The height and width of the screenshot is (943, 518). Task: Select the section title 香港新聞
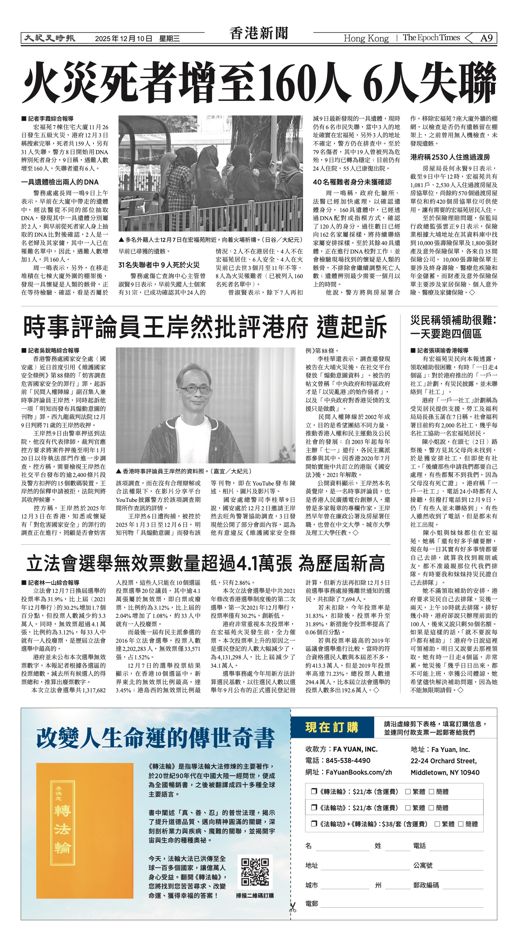click(259, 34)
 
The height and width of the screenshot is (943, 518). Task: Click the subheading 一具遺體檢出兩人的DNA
click(60, 182)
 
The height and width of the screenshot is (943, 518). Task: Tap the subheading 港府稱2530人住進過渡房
click(450, 157)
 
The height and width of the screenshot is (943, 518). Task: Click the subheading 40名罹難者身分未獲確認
click(352, 182)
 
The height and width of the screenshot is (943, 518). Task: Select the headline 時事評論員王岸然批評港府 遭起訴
click(205, 326)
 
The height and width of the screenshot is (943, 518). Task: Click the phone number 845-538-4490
click(348, 760)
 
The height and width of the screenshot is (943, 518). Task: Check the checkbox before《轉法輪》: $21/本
click(314, 791)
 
